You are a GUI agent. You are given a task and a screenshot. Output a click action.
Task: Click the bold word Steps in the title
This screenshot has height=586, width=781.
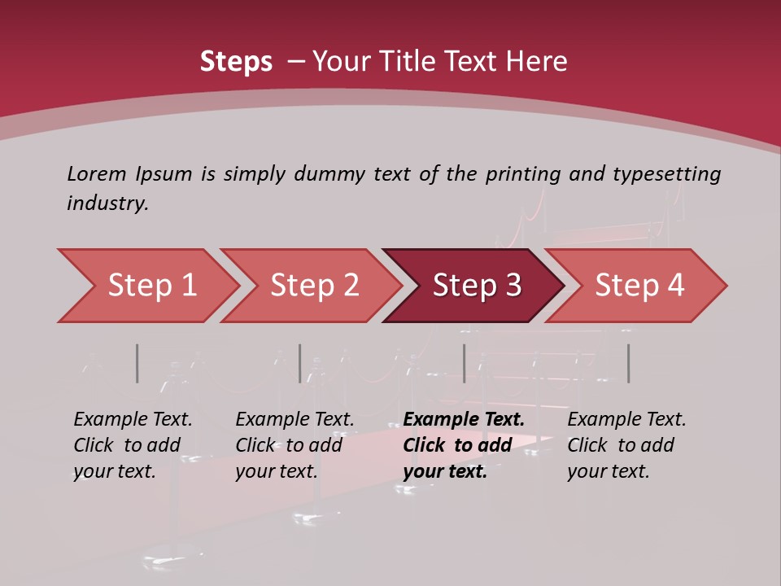[236, 62]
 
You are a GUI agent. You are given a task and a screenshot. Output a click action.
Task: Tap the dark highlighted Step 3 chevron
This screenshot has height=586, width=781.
[475, 286]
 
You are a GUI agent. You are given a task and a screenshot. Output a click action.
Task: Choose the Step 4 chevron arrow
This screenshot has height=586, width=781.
[638, 286]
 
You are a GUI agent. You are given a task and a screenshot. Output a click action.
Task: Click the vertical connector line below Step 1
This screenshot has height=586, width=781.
[137, 363]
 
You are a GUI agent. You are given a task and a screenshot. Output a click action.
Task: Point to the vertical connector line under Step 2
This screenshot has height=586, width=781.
[300, 363]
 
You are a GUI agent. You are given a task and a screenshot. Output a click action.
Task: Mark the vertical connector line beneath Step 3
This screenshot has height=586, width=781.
[464, 363]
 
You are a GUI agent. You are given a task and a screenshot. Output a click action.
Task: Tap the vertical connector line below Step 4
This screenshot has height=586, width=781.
[628, 363]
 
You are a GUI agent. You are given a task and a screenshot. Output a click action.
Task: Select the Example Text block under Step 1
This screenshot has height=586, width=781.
[133, 445]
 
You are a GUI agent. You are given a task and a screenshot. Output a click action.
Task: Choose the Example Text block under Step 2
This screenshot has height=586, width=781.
[295, 445]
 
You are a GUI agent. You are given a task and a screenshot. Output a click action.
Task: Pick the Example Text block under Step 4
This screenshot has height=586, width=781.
[626, 445]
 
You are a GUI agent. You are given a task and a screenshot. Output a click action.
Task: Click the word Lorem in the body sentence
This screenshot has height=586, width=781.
[97, 173]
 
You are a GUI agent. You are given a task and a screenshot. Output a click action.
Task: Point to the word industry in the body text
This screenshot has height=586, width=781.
[107, 203]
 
